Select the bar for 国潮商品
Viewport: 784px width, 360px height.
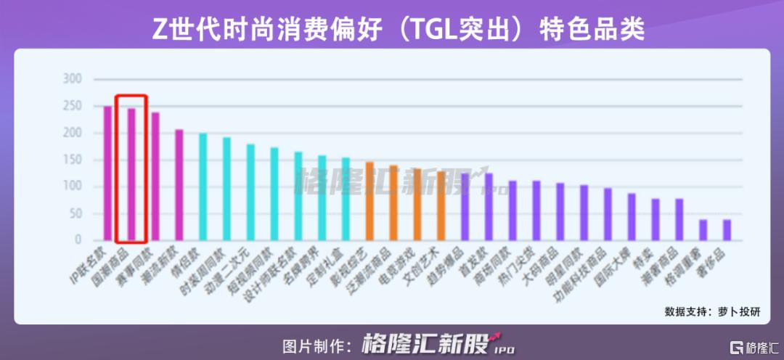pos(131,174)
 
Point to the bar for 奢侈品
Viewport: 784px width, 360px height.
pos(727,229)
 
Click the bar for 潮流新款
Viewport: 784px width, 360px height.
pos(179,184)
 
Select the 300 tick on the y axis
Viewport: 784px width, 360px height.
pos(73,79)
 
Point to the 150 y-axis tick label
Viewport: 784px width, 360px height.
pos(73,160)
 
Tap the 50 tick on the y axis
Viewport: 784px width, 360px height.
pos(75,213)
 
